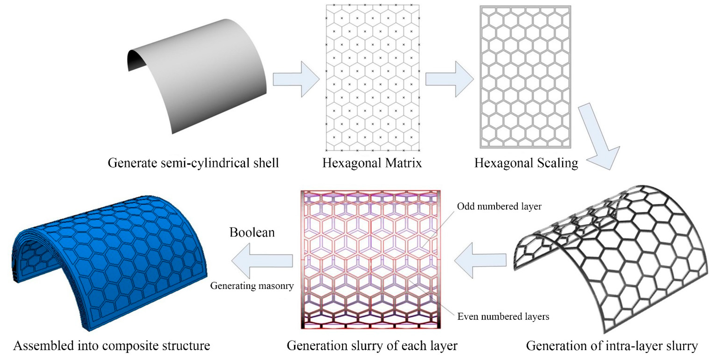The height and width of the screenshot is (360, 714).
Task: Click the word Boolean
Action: (252, 232)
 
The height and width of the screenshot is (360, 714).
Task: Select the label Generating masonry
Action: (252, 285)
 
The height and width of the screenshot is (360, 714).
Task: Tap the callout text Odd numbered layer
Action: (499, 206)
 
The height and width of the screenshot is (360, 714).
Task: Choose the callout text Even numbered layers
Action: (503, 316)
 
